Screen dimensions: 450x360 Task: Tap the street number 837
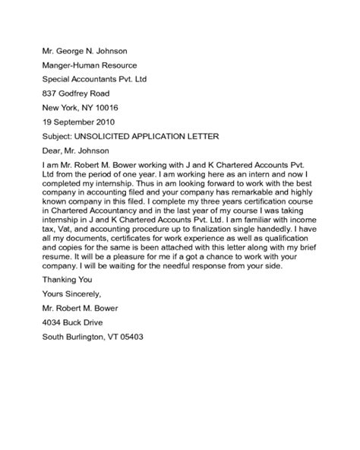pyautogui.click(x=50, y=93)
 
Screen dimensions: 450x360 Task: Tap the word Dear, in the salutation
pyautogui.click(x=54, y=151)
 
